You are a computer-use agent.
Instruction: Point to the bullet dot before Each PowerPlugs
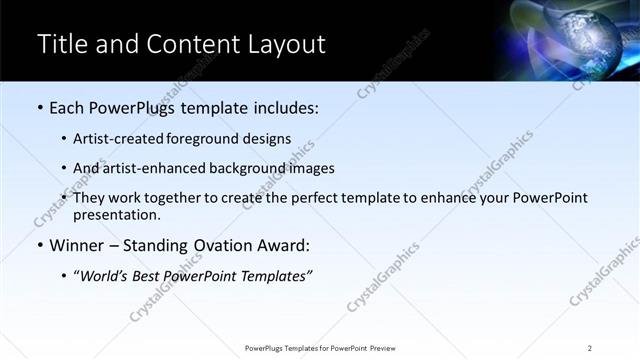click(x=39, y=108)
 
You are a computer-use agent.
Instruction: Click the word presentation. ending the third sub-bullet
click(x=116, y=214)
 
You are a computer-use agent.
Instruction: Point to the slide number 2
click(x=590, y=348)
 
